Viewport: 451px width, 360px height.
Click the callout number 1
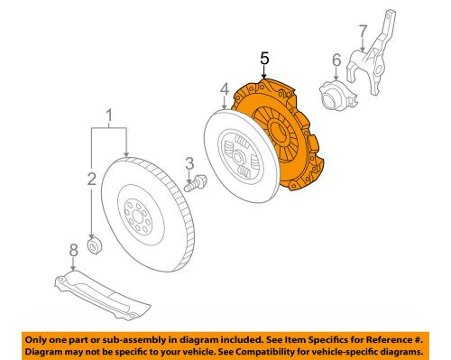tap(109, 115)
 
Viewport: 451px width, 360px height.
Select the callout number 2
tap(91, 180)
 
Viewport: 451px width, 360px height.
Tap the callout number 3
tap(189, 163)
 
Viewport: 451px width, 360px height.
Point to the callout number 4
tap(222, 88)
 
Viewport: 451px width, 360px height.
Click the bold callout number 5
tap(264, 60)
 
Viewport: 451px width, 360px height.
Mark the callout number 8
tap(73, 249)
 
